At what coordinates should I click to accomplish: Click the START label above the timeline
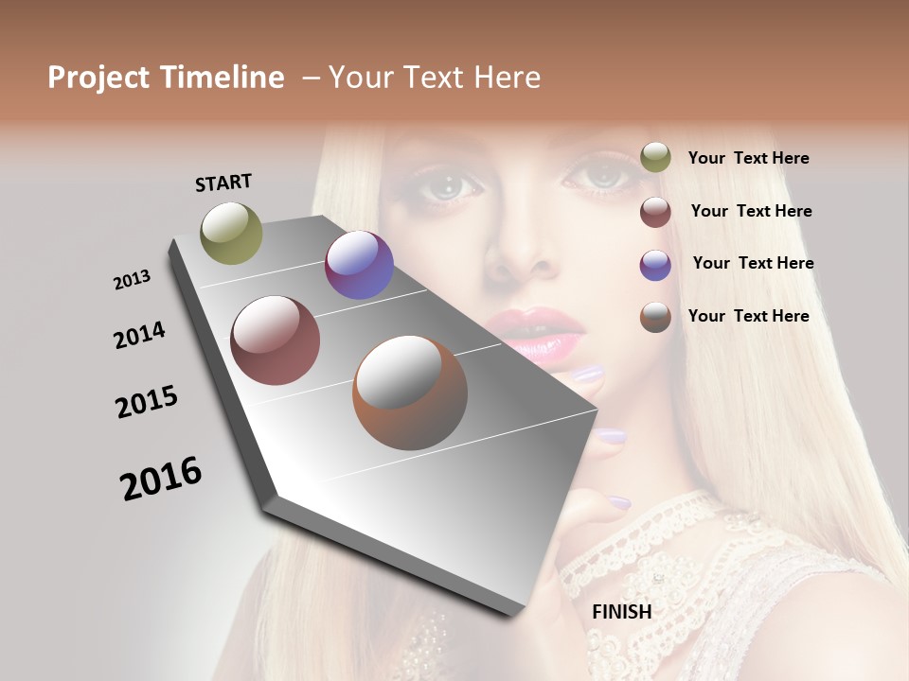click(223, 183)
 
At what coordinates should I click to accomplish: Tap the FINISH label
click(621, 612)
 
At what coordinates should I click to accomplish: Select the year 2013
click(132, 280)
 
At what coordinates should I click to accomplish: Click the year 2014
click(139, 335)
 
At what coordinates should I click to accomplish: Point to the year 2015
click(147, 402)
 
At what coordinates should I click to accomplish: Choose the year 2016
click(161, 478)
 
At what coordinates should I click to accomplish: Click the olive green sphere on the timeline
click(231, 233)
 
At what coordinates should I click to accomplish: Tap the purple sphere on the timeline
click(359, 265)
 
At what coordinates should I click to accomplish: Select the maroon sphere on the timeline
click(276, 340)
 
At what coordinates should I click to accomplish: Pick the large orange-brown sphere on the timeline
click(410, 393)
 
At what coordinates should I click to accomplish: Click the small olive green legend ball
click(655, 157)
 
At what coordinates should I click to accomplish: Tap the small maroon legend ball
click(655, 211)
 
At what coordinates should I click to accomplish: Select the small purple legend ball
click(655, 264)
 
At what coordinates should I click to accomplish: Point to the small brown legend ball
click(655, 317)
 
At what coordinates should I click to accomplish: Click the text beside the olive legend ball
click(748, 158)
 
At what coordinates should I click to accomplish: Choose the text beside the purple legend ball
click(753, 263)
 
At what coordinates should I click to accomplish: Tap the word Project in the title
click(98, 78)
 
